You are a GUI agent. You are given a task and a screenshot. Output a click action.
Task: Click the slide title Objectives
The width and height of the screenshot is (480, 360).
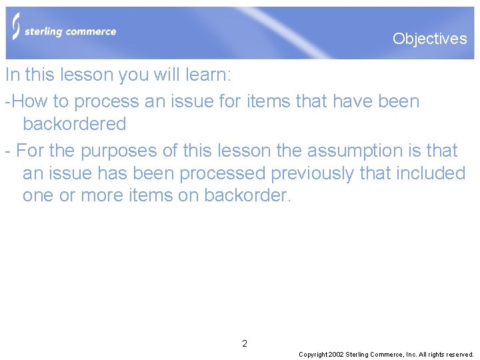click(429, 39)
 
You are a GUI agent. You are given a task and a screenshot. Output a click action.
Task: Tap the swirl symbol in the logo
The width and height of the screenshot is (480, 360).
click(16, 27)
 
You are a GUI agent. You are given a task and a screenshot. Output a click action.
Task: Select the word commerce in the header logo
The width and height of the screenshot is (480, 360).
click(91, 31)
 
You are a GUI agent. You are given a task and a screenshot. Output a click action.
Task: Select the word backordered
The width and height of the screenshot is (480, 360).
click(74, 124)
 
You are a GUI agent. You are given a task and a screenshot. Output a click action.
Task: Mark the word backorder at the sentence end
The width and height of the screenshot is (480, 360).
click(247, 196)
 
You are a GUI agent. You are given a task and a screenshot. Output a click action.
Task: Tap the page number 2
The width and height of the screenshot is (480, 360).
click(245, 344)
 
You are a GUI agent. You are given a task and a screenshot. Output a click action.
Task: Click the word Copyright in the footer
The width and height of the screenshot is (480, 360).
click(313, 355)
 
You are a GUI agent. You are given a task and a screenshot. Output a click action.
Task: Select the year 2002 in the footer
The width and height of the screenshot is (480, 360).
click(336, 355)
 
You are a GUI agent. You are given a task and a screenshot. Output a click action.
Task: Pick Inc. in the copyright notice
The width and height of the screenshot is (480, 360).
click(410, 355)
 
